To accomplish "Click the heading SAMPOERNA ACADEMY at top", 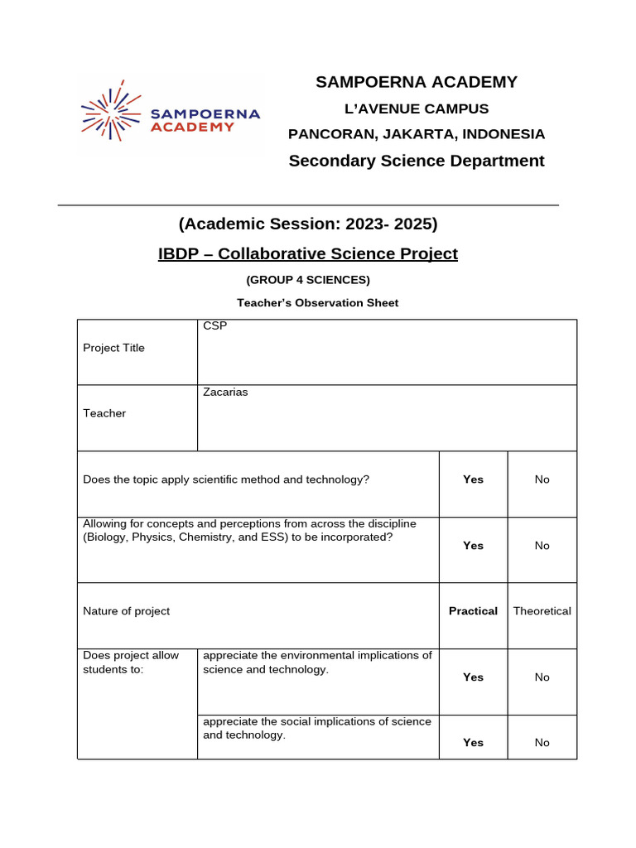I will [417, 82].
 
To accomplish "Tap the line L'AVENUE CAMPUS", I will [417, 108].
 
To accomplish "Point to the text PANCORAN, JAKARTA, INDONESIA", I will [417, 134].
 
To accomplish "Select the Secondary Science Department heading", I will [417, 161].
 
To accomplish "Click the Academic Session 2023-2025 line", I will [308, 224].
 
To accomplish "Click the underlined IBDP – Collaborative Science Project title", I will [308, 253].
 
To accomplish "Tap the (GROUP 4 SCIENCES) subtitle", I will [308, 280].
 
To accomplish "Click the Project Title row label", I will [114, 348].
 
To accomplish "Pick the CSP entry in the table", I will [215, 326].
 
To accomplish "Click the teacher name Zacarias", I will [225, 393].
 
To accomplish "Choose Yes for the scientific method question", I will [473, 479].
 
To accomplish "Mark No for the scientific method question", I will [542, 479].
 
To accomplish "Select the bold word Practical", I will [473, 611].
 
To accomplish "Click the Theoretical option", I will [542, 611].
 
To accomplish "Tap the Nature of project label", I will [127, 611].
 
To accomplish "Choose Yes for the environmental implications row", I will [473, 677].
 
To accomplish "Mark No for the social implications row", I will [542, 743].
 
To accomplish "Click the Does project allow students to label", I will [131, 662].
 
